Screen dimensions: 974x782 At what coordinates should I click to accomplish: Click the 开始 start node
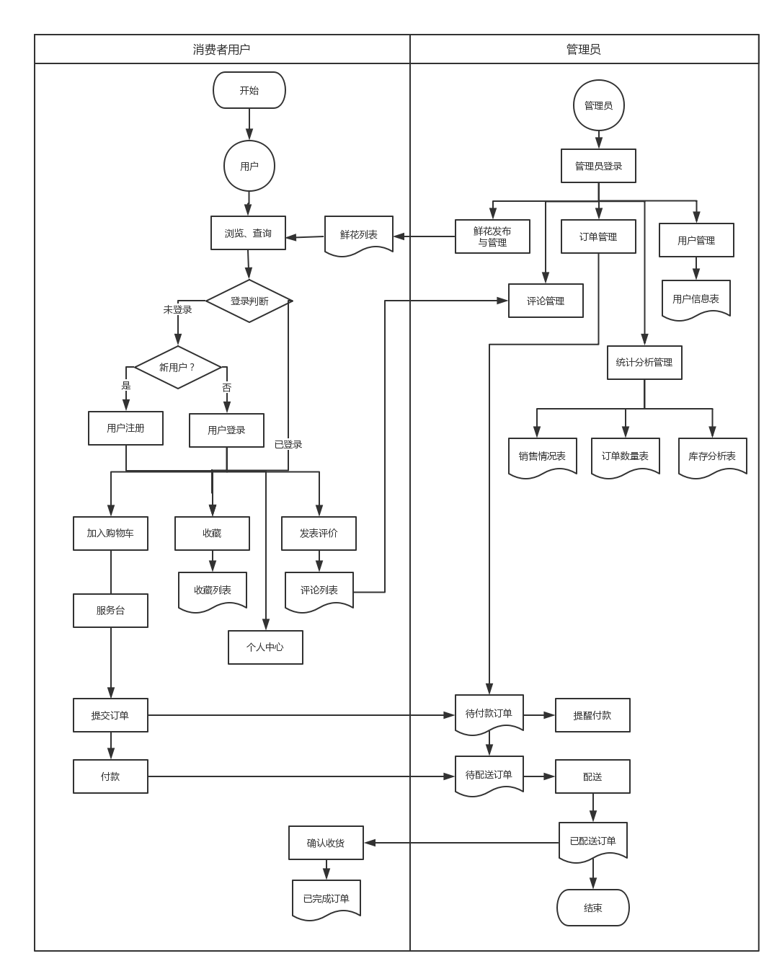click(249, 91)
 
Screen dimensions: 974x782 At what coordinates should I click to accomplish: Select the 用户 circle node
click(249, 167)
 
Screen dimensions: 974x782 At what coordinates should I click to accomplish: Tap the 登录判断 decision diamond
click(249, 301)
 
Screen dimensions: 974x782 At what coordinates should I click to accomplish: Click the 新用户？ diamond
click(177, 368)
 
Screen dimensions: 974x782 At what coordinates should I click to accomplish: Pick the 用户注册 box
click(125, 428)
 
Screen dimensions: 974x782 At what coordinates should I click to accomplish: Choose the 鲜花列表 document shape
click(359, 235)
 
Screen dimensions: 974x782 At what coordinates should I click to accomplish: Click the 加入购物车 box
click(110, 534)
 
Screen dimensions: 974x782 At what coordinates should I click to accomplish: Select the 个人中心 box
click(265, 647)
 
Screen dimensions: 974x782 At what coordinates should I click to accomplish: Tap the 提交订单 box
click(110, 715)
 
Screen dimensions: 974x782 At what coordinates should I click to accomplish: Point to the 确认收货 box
click(326, 843)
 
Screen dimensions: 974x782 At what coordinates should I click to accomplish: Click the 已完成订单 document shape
click(326, 898)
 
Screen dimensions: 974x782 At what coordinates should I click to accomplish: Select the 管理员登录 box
click(598, 166)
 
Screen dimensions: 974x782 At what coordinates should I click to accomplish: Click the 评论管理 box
click(546, 301)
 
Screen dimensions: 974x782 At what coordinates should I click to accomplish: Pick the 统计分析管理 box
click(644, 363)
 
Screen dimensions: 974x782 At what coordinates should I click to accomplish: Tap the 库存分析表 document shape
click(712, 456)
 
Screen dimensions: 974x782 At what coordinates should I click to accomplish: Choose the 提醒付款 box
click(592, 715)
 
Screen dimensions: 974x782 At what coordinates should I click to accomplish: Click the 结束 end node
click(593, 908)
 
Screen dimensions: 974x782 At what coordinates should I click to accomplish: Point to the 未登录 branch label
click(178, 309)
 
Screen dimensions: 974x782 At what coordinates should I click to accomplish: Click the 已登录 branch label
click(288, 444)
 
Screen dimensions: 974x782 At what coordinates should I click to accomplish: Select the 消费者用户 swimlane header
click(222, 50)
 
